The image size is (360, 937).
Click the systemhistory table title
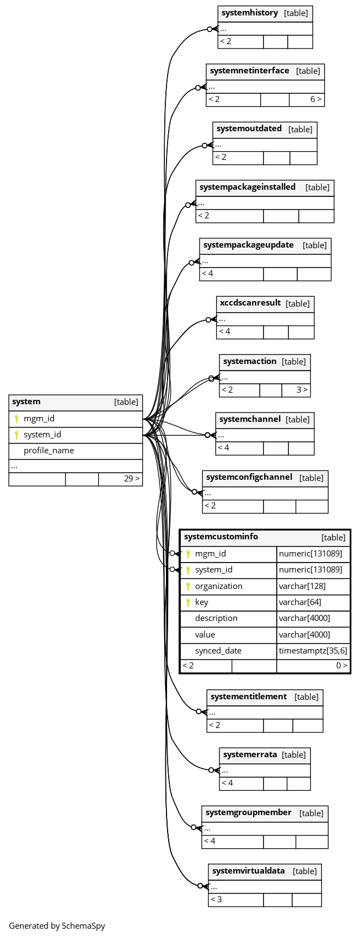[250, 13]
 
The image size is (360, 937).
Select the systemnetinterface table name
[250, 71]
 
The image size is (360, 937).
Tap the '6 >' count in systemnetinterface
[315, 99]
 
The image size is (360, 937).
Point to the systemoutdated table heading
[249, 128]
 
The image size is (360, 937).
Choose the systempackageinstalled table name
[248, 187]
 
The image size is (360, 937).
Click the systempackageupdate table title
[249, 245]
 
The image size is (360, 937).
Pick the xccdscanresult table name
[250, 303]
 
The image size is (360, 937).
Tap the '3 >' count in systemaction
[302, 390]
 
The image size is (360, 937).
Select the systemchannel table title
[250, 419]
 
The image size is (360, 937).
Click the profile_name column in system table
[49, 451]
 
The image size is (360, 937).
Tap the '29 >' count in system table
[132, 478]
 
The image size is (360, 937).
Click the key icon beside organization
[188, 586]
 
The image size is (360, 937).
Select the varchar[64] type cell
[300, 602]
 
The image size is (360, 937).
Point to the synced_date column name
[218, 651]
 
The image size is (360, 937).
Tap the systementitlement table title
[249, 697]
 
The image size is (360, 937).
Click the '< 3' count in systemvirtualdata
[216, 899]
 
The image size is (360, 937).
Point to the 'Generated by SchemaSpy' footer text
[57, 926]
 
